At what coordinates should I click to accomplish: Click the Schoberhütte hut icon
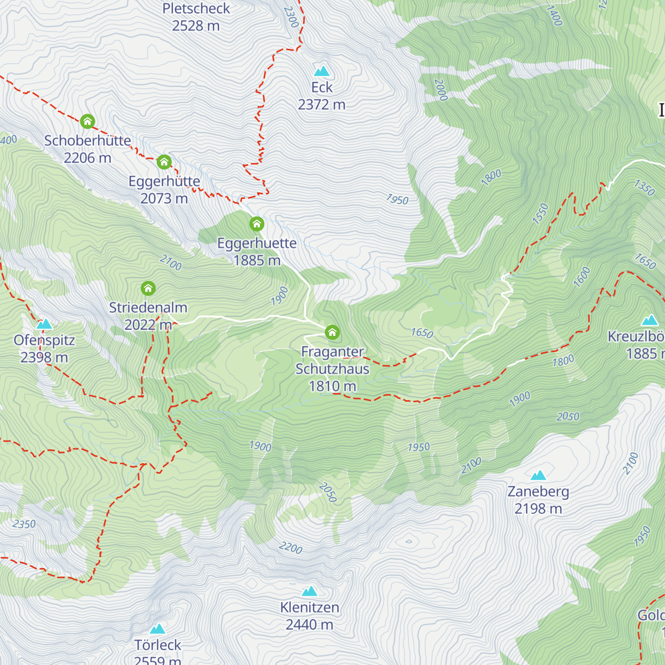[x=88, y=121]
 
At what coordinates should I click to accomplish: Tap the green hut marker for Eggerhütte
[x=163, y=162]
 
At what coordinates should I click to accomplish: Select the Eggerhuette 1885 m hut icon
[x=257, y=224]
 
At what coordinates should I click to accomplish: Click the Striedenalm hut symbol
[x=148, y=288]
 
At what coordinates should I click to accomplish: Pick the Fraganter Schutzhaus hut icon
[x=332, y=332]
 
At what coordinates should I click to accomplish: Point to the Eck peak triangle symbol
[x=322, y=71]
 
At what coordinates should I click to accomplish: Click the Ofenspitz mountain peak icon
[x=44, y=324]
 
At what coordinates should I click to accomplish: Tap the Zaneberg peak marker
[x=538, y=475]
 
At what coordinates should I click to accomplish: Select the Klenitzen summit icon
[x=309, y=591]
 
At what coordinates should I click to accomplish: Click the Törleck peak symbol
[x=158, y=629]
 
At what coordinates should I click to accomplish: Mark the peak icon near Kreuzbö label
[x=649, y=320]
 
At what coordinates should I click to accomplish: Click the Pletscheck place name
[x=196, y=9]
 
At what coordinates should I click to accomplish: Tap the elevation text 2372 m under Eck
[x=321, y=105]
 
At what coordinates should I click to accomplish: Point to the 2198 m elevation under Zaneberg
[x=538, y=509]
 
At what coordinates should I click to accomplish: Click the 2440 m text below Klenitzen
[x=309, y=625]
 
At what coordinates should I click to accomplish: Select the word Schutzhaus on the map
[x=332, y=369]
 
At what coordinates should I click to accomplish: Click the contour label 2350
[x=24, y=524]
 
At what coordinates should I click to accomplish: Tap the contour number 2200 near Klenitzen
[x=290, y=548]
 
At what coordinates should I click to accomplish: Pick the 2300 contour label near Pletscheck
[x=291, y=17]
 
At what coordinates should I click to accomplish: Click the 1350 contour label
[x=644, y=187]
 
